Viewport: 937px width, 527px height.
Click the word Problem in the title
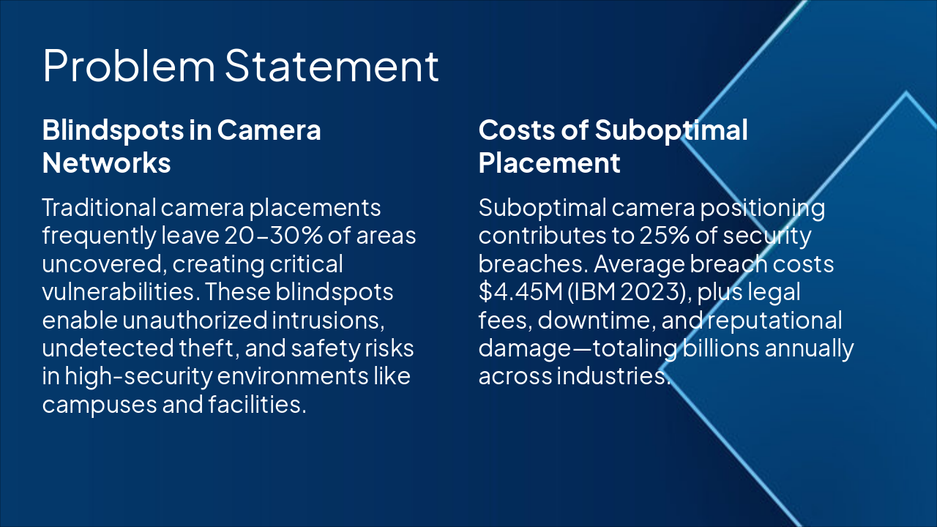tap(129, 66)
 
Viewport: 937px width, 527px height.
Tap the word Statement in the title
tap(332, 65)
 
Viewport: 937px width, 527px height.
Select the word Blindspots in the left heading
tap(113, 131)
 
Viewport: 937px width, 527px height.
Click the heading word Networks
tap(107, 162)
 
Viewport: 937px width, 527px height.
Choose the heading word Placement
tap(549, 163)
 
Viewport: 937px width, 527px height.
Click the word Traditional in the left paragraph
tap(99, 207)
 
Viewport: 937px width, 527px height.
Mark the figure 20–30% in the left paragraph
tap(274, 236)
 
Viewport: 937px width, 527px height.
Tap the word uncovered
tap(104, 264)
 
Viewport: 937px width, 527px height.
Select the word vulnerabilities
tap(119, 291)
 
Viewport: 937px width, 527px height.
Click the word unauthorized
tap(195, 321)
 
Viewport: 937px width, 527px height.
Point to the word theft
tap(209, 348)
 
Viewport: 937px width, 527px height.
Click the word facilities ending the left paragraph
tap(257, 405)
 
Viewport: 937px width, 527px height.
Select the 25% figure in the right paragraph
tap(664, 236)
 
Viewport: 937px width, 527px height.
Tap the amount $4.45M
tap(520, 291)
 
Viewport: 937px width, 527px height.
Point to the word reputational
tap(774, 321)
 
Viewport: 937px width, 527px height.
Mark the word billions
tap(721, 348)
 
